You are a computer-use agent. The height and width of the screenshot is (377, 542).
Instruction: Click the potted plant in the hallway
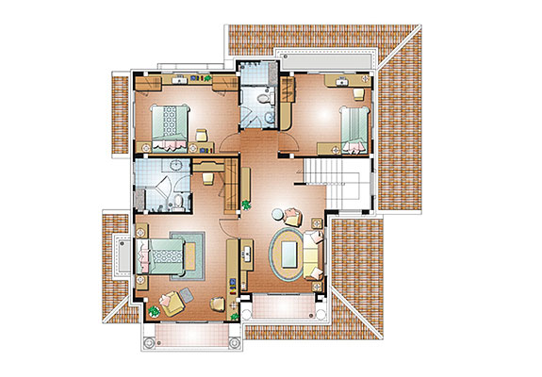point(246,203)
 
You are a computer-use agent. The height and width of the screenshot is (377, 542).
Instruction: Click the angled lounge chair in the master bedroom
point(172,303)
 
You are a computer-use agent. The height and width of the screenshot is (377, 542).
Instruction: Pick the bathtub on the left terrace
point(123,254)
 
